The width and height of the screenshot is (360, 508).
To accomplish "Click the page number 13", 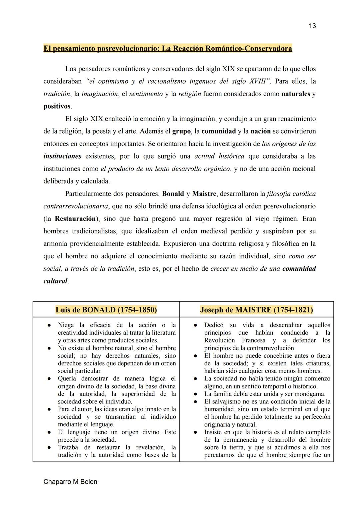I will point(312,26).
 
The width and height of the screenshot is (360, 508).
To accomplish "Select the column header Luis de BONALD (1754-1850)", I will point(106,310).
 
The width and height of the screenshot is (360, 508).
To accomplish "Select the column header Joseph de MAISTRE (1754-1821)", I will point(256,310).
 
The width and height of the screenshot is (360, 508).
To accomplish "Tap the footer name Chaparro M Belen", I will point(70,482).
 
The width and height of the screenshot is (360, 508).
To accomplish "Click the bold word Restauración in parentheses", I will point(75,219).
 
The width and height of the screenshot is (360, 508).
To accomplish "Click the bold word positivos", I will point(57,106).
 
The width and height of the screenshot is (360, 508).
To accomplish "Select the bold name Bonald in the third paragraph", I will point(173,194).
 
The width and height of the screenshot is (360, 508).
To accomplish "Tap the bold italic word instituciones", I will point(62,156).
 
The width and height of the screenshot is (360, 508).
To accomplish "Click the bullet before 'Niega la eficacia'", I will point(49,325).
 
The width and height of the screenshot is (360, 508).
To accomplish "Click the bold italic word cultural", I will point(55,281).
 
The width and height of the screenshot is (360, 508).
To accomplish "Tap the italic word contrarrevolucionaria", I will point(76,206).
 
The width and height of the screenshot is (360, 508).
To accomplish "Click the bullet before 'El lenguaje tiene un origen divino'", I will point(49,432).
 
